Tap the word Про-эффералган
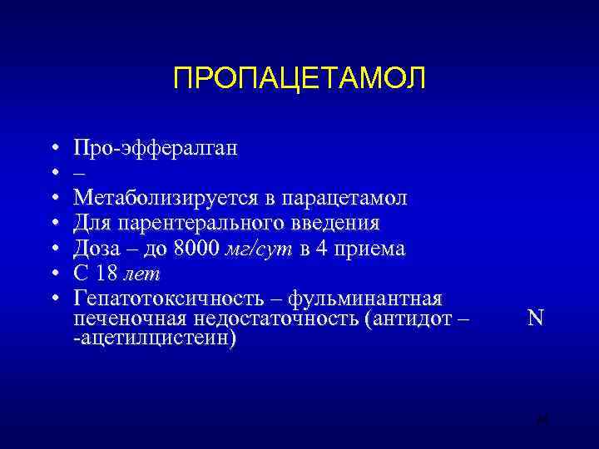(x=155, y=148)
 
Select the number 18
(x=106, y=274)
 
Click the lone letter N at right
(x=535, y=319)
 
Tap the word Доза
(x=96, y=249)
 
